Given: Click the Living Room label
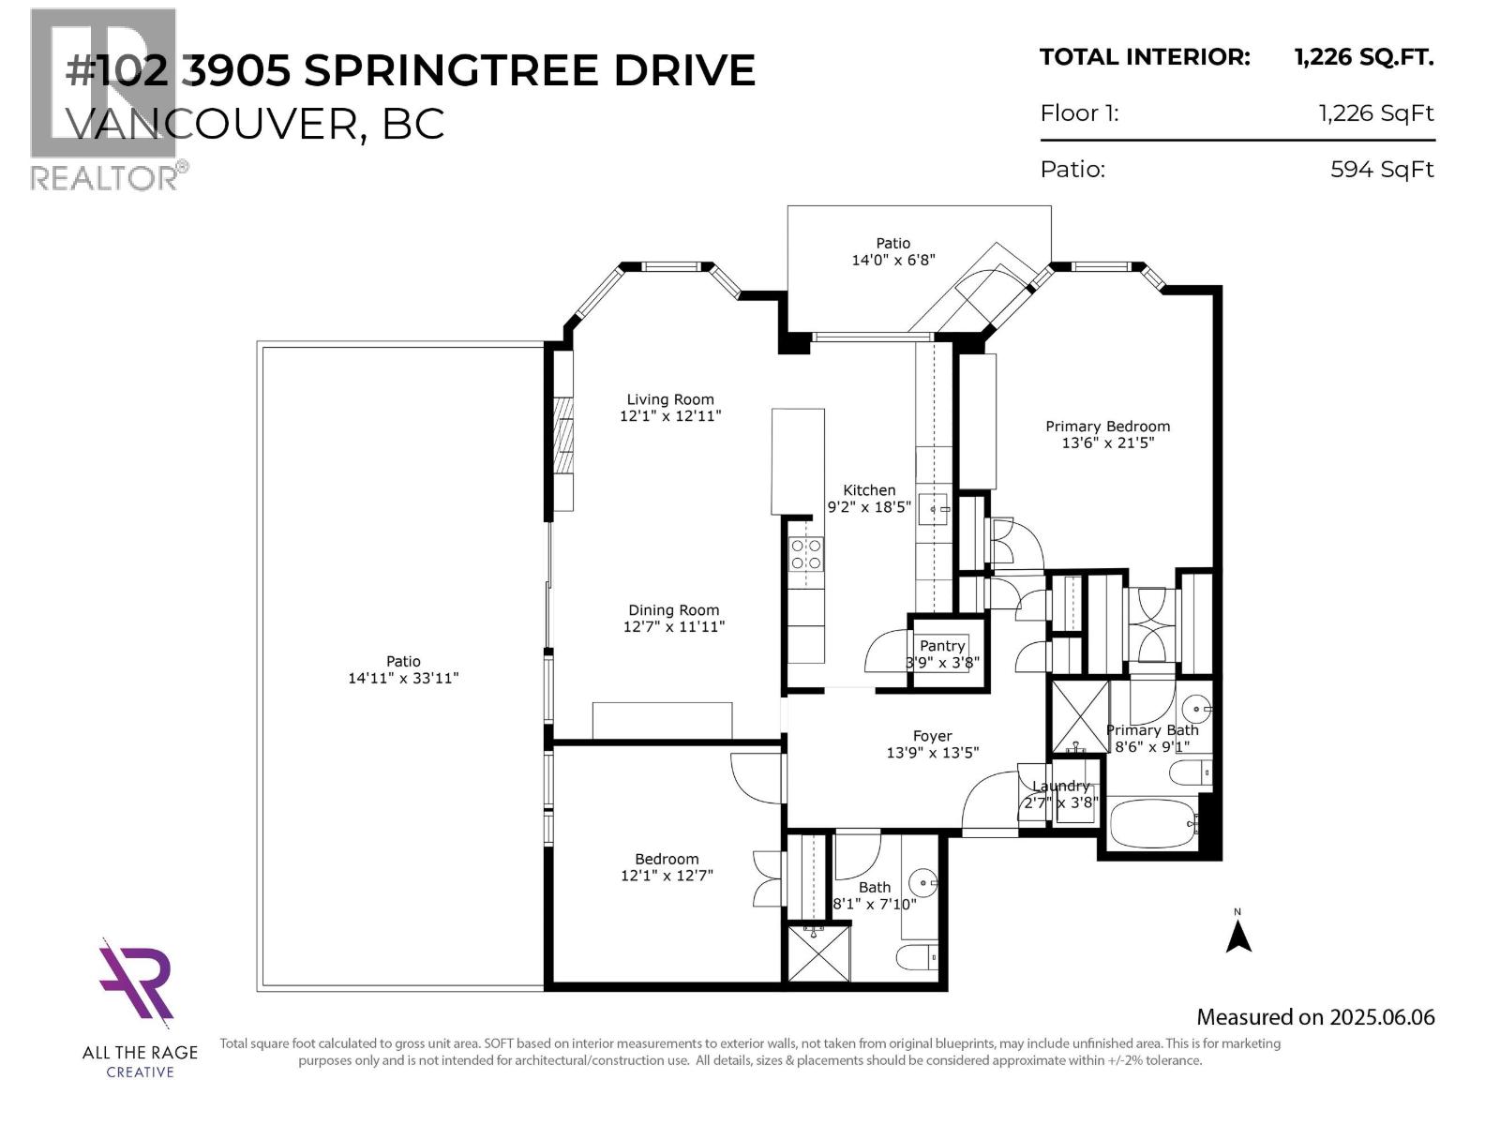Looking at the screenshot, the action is pos(669,399).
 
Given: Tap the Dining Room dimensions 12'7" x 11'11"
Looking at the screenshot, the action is pos(673,626).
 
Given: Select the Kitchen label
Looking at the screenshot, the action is pos(868,489).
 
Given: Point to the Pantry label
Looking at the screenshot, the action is pos(941,646).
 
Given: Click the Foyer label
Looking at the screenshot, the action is pos(932,736).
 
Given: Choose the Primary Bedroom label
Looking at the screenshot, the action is pos(1107,427).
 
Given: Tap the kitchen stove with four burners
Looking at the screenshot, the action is pos(806,554).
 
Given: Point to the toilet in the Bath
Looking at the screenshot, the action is pos(916,959).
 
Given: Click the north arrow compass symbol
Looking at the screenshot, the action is pos(1237,936).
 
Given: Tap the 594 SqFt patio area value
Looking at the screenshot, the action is pos(1381,170).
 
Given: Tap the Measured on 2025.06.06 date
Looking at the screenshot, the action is pos(1315,1017).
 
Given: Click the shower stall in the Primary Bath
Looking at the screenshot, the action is pos(1080,717).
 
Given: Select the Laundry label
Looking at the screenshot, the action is pos(1060,787).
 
